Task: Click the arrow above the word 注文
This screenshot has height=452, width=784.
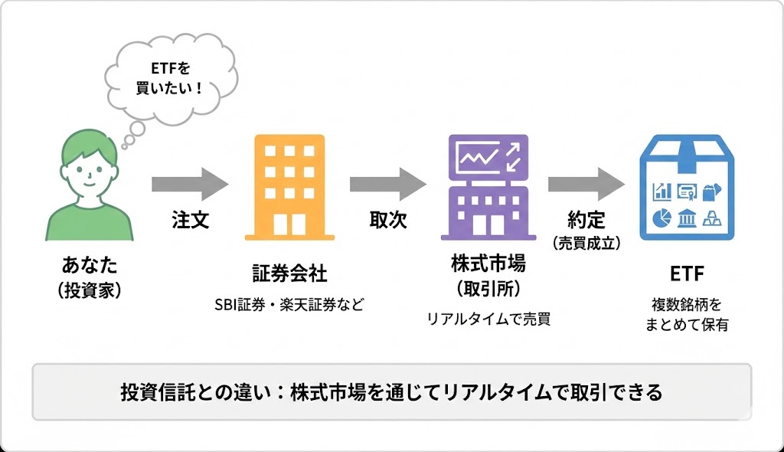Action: pos(189,184)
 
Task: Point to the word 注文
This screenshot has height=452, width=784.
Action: pos(190,221)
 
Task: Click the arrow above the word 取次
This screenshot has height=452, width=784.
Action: pos(387,184)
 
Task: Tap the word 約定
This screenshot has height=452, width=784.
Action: pos(586,221)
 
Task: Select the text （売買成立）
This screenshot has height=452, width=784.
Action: pos(586,244)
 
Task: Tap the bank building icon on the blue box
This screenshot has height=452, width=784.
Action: pos(687,219)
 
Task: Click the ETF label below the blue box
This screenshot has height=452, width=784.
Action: pos(686,274)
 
